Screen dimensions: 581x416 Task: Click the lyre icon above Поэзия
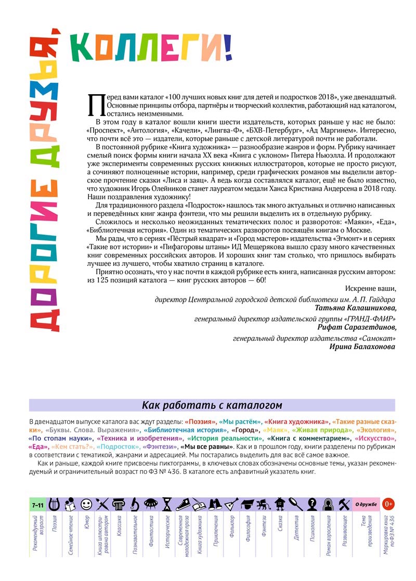54,504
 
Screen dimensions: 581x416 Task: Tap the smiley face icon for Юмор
86,504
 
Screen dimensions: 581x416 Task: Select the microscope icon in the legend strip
135,504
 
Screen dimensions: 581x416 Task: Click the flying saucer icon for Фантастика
151,504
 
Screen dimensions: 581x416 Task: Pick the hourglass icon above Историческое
167,504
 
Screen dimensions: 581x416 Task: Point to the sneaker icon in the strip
183,504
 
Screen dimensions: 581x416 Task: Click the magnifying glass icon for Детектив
296,504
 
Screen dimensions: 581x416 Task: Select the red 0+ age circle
388,504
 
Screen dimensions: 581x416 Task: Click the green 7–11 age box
37,505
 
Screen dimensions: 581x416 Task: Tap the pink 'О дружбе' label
366,504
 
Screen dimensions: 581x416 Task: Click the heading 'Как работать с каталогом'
212,405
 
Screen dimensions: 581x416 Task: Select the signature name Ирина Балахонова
362,347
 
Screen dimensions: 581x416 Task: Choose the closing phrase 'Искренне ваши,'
370,289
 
